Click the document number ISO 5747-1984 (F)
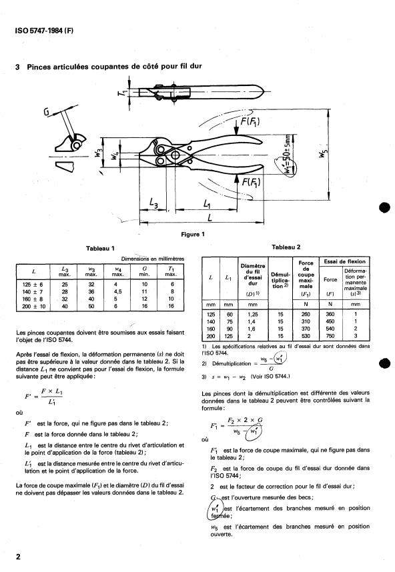44,31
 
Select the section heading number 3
17,67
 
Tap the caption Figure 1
193,234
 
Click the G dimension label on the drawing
47,112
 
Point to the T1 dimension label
122,92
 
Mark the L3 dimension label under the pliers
153,203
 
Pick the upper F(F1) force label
250,121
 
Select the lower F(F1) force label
251,181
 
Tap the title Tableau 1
100,249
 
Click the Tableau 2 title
286,247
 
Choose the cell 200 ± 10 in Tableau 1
33,307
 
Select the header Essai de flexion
344,261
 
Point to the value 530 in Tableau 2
306,336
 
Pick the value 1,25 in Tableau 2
253,314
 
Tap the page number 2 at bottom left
18,557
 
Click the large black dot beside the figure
385,207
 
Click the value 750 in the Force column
330,336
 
